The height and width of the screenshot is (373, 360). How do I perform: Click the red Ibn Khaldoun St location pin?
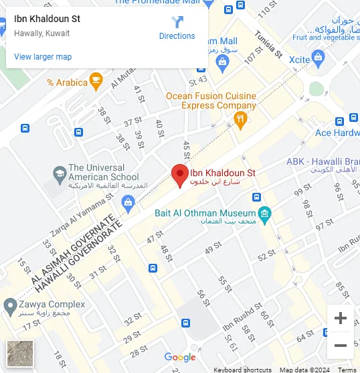pyautogui.click(x=179, y=175)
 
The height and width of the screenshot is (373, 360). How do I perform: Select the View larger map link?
pyautogui.click(x=43, y=57)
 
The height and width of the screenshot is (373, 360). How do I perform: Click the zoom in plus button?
pyautogui.click(x=340, y=318)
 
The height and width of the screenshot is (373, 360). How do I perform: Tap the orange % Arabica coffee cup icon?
pyautogui.click(x=96, y=82)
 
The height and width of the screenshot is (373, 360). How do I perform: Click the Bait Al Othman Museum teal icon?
pyautogui.click(x=266, y=213)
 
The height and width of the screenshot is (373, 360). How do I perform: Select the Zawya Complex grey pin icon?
pyautogui.click(x=9, y=306)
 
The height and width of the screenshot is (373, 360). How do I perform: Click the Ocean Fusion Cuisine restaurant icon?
pyautogui.click(x=240, y=120)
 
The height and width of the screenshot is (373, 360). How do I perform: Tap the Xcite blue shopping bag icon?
pyautogui.click(x=319, y=60)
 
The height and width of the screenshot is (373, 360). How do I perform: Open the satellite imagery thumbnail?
pyautogui.click(x=19, y=353)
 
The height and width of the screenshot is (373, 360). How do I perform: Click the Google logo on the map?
pyautogui.click(x=180, y=358)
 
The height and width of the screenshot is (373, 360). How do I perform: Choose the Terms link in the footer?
pyautogui.click(x=347, y=370)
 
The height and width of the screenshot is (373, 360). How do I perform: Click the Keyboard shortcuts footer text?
pyautogui.click(x=242, y=370)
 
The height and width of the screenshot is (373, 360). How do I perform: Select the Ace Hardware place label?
pyautogui.click(x=337, y=133)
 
